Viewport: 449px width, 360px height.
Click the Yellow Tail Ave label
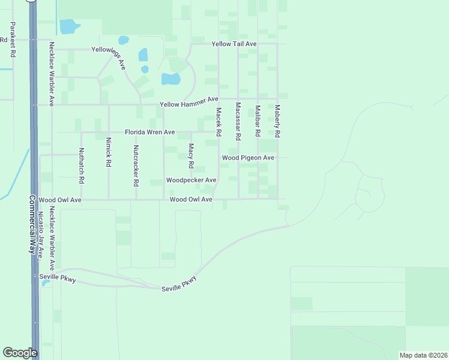click(234, 44)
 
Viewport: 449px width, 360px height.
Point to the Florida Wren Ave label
click(149, 132)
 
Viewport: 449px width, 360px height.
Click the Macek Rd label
click(219, 121)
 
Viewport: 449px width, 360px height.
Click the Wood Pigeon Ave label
click(248, 158)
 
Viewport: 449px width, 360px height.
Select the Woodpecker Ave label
click(191, 180)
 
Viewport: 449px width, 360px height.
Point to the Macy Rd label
click(191, 155)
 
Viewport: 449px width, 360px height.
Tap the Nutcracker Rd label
click(136, 165)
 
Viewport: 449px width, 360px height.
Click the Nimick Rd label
click(109, 152)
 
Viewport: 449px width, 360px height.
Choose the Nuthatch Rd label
click(82, 166)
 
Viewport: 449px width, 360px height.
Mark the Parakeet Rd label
click(12, 40)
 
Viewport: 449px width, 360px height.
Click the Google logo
click(20, 353)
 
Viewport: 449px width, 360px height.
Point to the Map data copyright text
click(423, 355)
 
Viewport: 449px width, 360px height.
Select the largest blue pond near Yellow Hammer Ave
click(170, 79)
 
